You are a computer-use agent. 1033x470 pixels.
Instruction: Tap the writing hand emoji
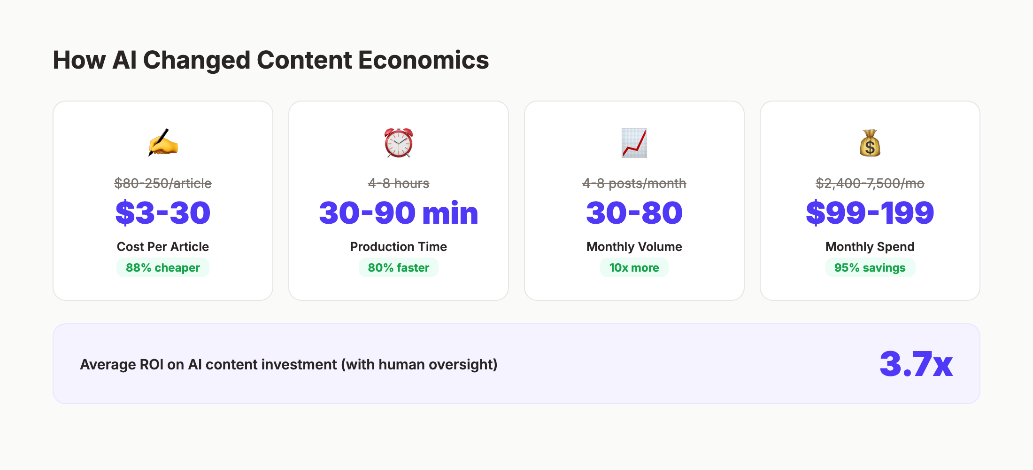163,142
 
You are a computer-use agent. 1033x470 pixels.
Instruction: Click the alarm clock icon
399,142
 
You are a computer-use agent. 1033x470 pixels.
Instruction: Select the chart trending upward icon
634,142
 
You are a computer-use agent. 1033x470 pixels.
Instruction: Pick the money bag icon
870,142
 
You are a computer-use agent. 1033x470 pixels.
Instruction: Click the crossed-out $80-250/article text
163,183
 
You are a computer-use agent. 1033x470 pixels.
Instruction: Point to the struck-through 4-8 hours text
399,183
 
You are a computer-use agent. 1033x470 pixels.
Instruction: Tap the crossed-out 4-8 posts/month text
634,183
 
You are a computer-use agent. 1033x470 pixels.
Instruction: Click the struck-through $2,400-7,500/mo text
870,183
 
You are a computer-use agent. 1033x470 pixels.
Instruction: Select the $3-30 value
163,212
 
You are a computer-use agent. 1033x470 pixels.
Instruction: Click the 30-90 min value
399,212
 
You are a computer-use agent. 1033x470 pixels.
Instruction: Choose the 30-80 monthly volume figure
634,212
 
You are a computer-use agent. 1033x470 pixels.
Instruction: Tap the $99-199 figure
870,212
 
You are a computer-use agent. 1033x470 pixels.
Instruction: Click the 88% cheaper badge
163,267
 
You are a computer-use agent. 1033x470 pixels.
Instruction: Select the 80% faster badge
399,267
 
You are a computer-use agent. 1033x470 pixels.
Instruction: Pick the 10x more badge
634,267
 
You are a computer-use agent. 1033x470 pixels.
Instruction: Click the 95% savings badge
870,267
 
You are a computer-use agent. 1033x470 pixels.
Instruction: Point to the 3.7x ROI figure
916,364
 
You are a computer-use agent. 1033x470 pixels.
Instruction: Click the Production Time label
399,247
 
